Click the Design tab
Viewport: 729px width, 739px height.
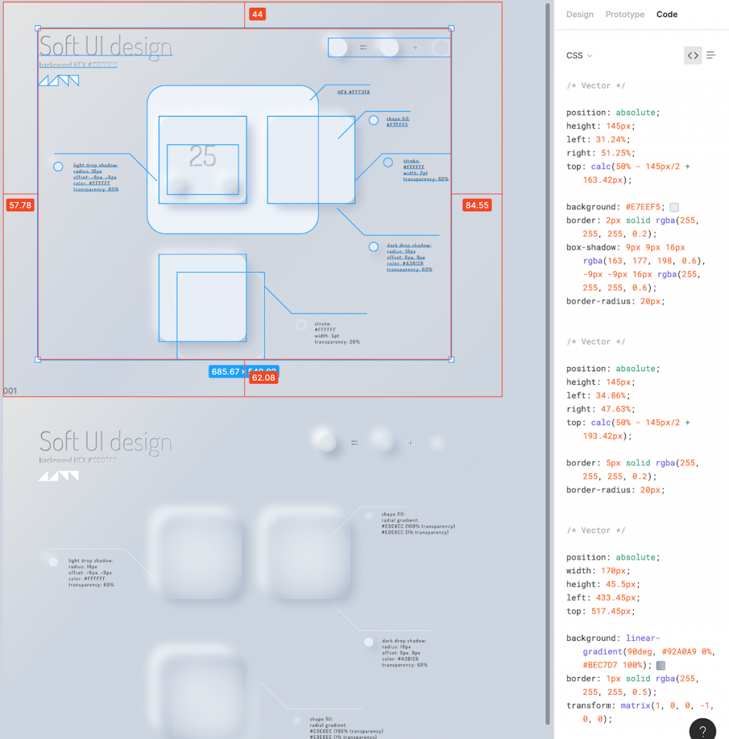(x=579, y=14)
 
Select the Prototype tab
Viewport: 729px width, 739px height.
(x=624, y=14)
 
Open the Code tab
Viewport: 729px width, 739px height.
(x=667, y=14)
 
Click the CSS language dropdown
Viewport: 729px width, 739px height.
(x=579, y=55)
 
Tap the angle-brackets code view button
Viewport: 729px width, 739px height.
(x=693, y=55)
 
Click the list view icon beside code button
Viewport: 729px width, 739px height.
(x=710, y=55)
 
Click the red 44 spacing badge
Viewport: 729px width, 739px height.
(x=257, y=14)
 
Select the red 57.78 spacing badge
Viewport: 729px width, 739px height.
(x=19, y=206)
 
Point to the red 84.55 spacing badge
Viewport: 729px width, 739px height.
(x=476, y=206)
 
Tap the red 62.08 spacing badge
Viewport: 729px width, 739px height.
(x=263, y=378)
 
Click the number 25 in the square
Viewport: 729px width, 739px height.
(x=203, y=156)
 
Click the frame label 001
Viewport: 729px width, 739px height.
(x=10, y=391)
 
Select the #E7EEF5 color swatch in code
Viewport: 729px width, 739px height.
(x=674, y=207)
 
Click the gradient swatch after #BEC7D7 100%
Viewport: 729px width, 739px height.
(x=661, y=666)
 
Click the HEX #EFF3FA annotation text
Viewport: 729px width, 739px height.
(x=353, y=92)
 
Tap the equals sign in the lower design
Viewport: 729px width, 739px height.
(x=354, y=443)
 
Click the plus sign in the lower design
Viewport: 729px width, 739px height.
(x=410, y=443)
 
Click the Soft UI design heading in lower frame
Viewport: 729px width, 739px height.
(x=105, y=442)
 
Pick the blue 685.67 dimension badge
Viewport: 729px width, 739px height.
(x=226, y=371)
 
